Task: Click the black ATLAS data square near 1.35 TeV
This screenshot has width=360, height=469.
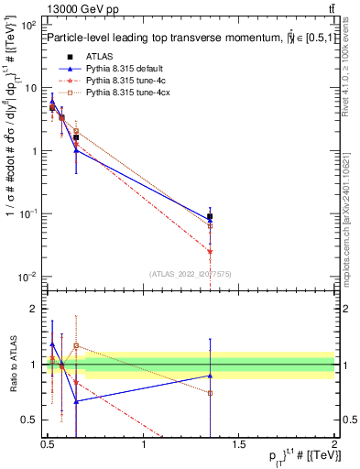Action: point(210,217)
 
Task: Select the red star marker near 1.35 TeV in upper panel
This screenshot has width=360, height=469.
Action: point(210,251)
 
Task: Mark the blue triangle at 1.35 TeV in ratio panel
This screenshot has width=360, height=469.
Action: point(210,376)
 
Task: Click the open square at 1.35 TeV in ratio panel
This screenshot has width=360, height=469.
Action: point(210,393)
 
